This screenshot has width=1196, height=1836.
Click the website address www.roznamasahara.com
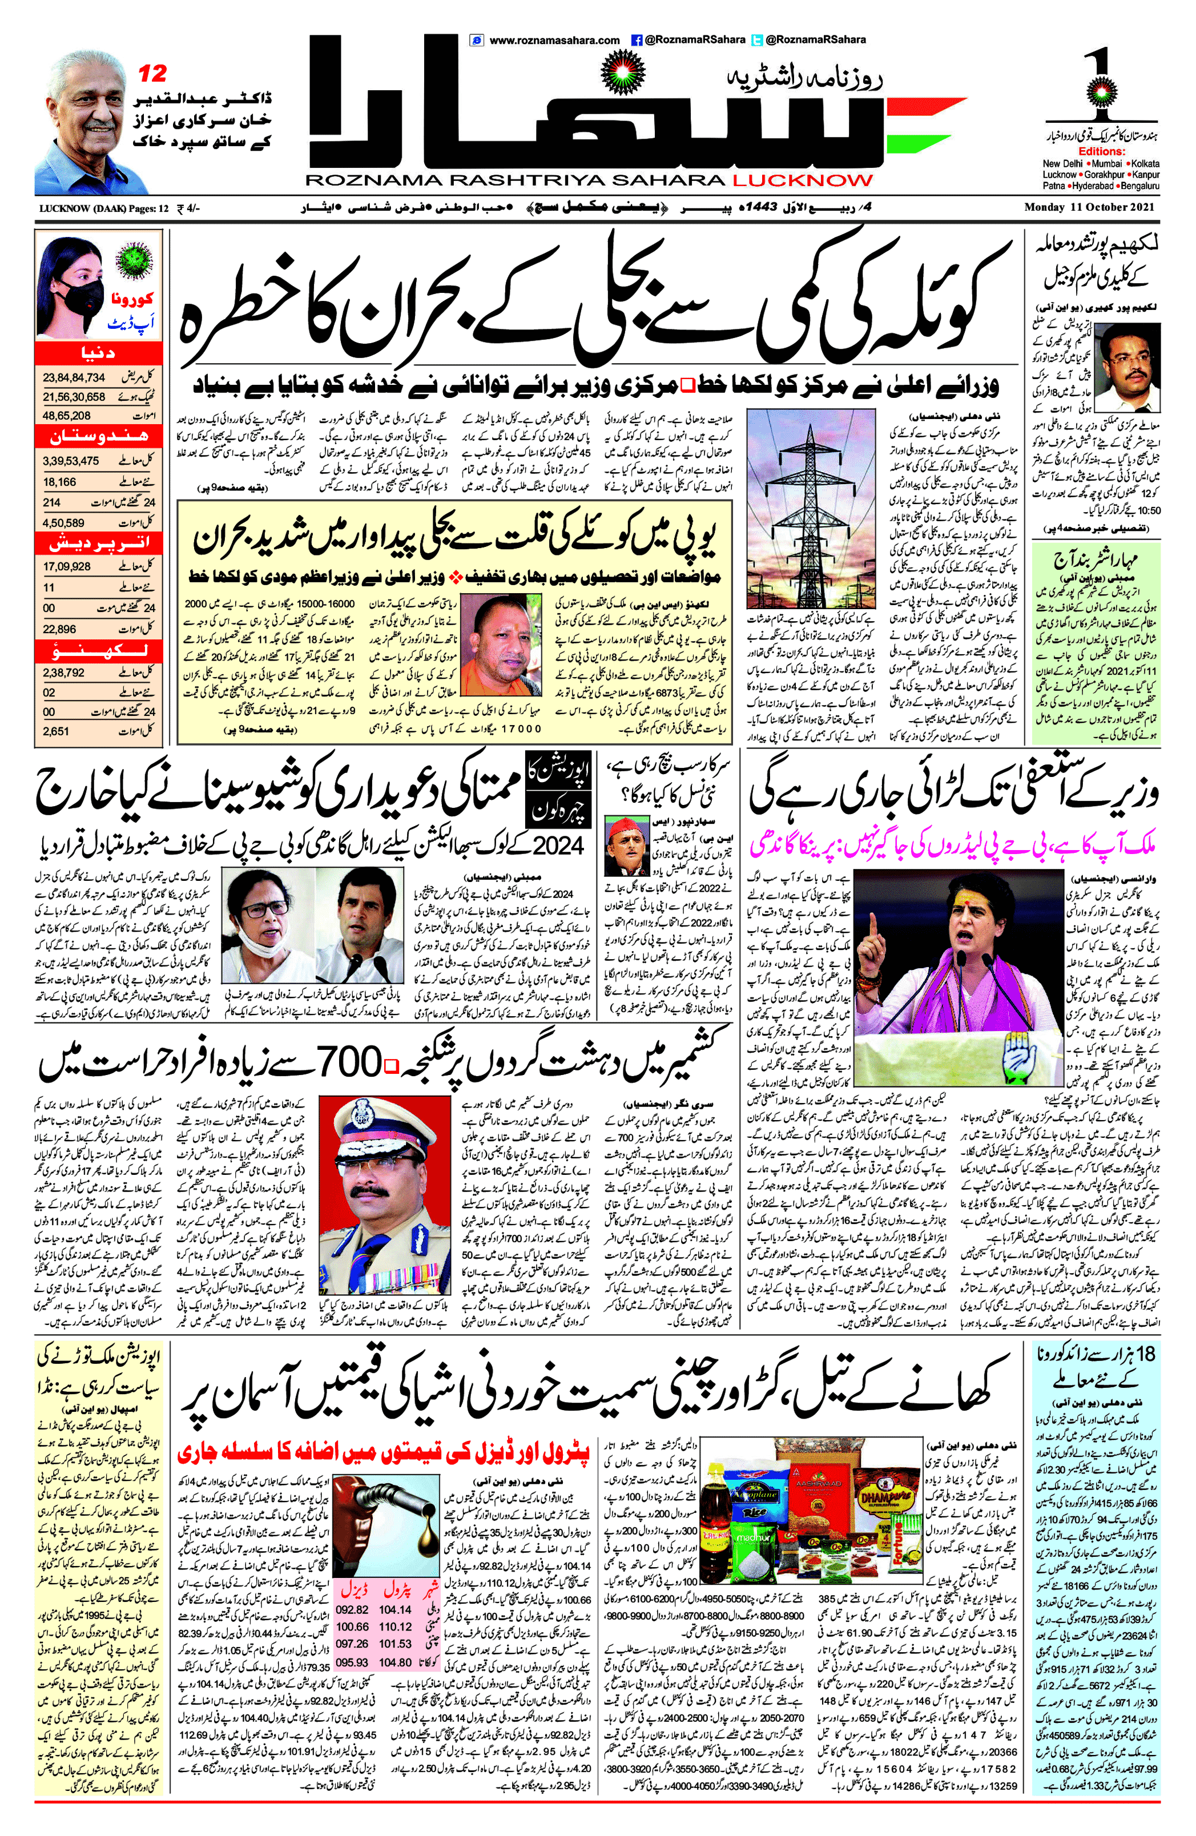554,40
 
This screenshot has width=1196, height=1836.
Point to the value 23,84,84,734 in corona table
74,377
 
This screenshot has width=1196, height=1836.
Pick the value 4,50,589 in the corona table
63,522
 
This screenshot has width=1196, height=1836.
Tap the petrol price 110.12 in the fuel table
394,1626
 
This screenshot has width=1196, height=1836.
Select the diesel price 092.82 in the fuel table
352,1609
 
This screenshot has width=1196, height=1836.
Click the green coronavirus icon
134,259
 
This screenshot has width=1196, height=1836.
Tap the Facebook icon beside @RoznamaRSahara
637,40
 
